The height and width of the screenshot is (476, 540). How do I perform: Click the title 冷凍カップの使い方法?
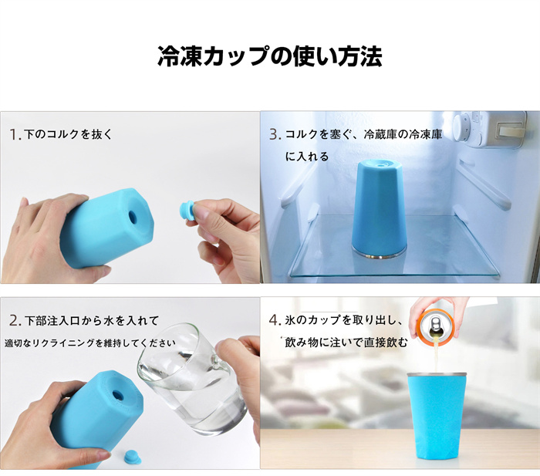click(x=270, y=56)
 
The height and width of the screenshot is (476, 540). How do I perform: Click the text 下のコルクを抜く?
click(x=69, y=134)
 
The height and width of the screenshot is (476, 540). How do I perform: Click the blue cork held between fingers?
click(x=187, y=211)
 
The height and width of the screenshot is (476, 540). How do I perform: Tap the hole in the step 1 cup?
click(x=133, y=217)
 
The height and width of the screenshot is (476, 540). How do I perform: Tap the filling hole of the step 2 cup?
click(x=118, y=393)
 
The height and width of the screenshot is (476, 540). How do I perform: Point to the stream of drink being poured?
click(x=436, y=354)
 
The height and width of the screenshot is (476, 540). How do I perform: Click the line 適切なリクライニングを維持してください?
click(x=90, y=343)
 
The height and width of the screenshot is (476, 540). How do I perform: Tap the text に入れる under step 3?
click(x=307, y=157)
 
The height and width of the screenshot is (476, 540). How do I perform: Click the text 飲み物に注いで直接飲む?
click(x=346, y=343)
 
